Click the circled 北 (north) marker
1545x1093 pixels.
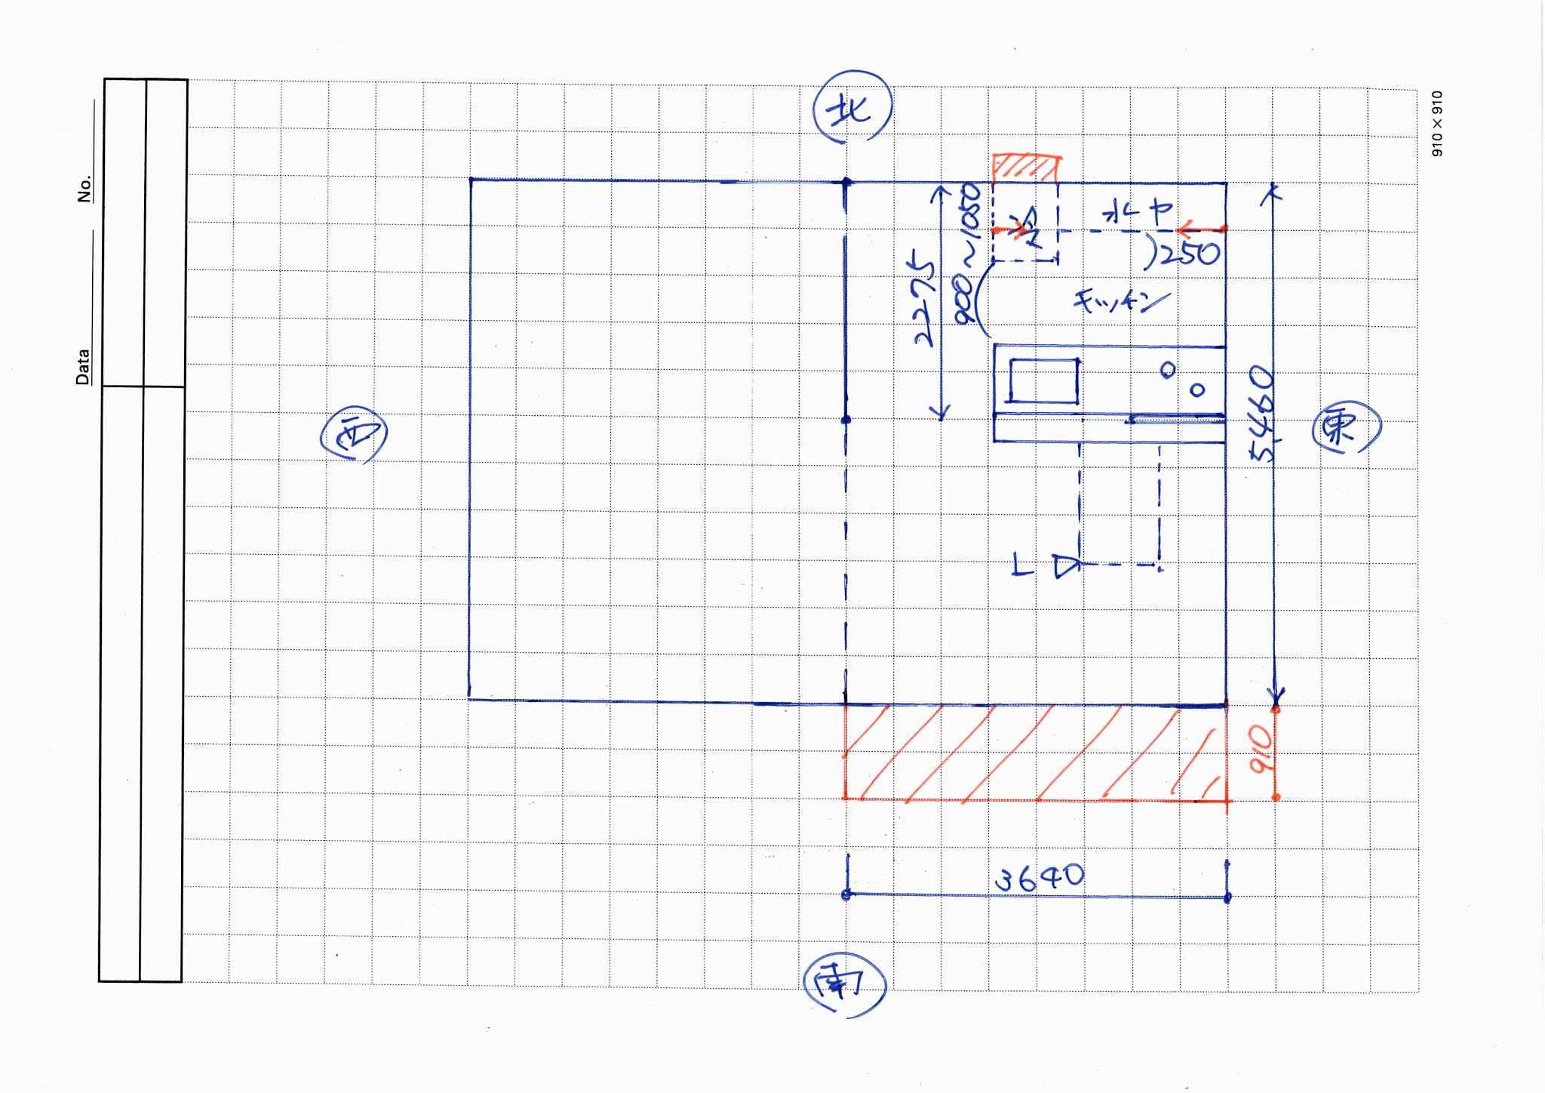click(852, 107)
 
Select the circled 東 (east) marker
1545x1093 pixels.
click(1347, 427)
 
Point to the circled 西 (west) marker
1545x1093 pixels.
click(354, 436)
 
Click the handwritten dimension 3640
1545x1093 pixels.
click(1039, 878)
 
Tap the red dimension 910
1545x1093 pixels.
click(1261, 749)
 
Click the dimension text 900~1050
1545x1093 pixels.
click(968, 254)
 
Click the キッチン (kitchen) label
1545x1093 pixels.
click(1120, 301)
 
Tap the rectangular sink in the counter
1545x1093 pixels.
click(1043, 381)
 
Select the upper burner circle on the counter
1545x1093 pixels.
click(1167, 369)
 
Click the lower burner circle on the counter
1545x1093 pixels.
click(1197, 389)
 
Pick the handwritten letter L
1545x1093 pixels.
click(1021, 564)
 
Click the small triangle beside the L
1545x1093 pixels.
click(1066, 566)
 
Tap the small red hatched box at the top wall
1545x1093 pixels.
click(1025, 168)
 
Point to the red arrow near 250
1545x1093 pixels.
click(1199, 228)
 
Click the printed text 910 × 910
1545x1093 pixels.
click(1436, 124)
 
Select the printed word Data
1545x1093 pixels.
click(82, 367)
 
